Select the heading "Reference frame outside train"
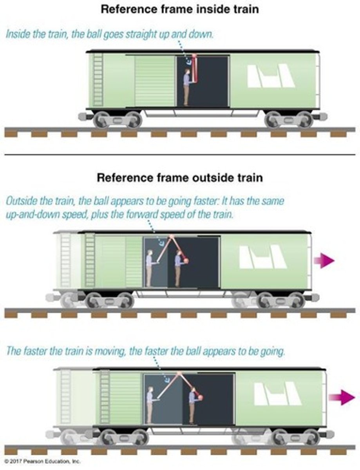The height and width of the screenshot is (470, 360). (180, 177)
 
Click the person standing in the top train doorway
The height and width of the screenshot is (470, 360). (187, 87)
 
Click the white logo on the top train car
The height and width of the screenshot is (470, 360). (271, 76)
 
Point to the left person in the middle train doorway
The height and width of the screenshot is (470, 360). (149, 268)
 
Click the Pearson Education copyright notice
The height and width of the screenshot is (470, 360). (41, 461)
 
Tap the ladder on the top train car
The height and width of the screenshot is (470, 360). (98, 80)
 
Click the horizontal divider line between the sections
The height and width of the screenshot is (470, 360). (180, 155)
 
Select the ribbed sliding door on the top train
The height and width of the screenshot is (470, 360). (154, 81)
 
